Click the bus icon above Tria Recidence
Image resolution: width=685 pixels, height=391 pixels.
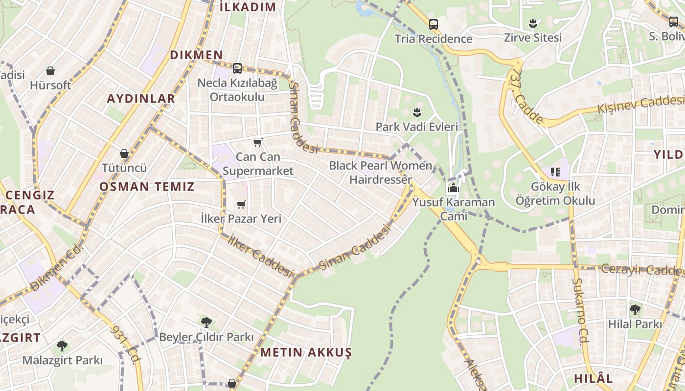click(x=433, y=24)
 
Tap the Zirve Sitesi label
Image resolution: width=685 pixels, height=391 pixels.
click(x=533, y=38)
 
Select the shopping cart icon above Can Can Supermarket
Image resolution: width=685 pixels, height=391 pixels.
click(x=258, y=143)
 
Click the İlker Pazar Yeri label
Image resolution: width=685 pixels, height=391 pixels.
click(x=241, y=218)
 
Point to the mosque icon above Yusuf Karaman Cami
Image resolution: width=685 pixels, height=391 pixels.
click(x=453, y=188)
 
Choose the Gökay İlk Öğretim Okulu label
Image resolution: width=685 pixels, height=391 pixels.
click(x=555, y=194)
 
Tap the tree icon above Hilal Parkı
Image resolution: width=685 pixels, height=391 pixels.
click(x=635, y=309)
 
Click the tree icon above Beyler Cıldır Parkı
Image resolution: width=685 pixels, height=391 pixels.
click(x=206, y=322)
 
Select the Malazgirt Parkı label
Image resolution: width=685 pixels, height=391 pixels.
click(x=63, y=361)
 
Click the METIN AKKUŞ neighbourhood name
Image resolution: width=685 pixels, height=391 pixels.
click(x=306, y=352)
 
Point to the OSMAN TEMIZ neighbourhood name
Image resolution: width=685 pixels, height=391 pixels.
click(x=147, y=186)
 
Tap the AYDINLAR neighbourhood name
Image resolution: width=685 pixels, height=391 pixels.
click(x=141, y=98)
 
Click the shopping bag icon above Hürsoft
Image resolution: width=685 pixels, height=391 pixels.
click(x=50, y=71)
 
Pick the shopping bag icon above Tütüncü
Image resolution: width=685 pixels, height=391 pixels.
click(x=124, y=153)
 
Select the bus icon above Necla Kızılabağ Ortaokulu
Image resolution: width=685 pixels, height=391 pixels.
click(x=237, y=68)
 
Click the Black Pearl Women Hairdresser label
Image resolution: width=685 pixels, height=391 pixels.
click(x=381, y=173)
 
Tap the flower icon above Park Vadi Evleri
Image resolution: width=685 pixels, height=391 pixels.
click(x=417, y=112)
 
